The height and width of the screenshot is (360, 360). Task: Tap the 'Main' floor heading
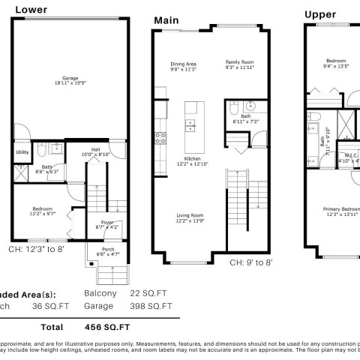tap(167, 19)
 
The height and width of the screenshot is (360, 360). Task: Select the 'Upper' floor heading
tap(320, 13)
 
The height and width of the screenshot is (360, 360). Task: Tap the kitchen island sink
tap(190, 123)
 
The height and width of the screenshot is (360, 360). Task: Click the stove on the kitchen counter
tap(160, 137)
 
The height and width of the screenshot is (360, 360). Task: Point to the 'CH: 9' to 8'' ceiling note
tap(250, 262)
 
